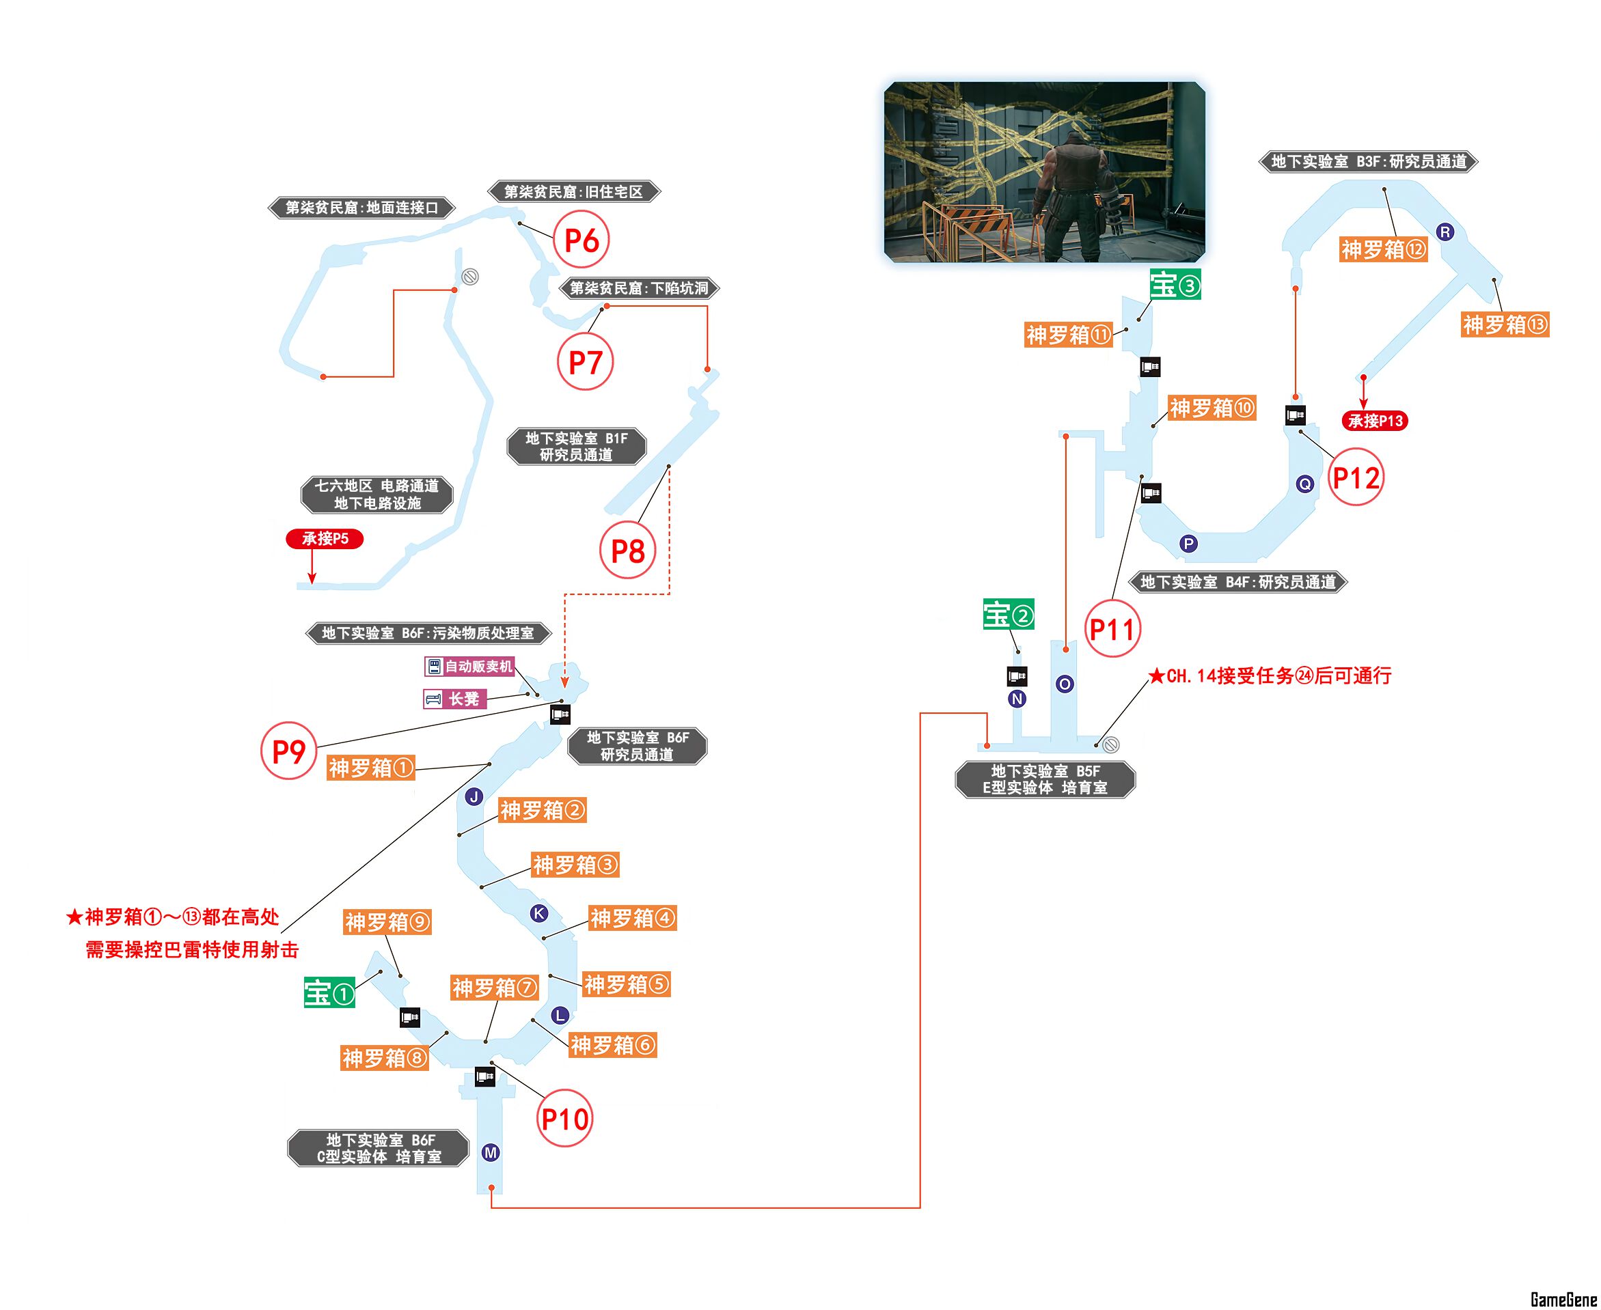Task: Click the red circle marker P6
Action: pyautogui.click(x=581, y=240)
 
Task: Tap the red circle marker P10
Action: pyautogui.click(x=564, y=1119)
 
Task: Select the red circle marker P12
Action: pyautogui.click(x=1356, y=477)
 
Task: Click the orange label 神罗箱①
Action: pyautogui.click(x=370, y=768)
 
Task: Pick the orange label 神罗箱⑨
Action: pyautogui.click(x=387, y=922)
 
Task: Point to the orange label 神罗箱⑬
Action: pyautogui.click(x=1505, y=324)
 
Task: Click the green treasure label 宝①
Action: pyautogui.click(x=330, y=992)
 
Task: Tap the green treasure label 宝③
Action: pyautogui.click(x=1175, y=285)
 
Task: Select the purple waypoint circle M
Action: pyautogui.click(x=491, y=1152)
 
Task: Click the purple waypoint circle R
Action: pyautogui.click(x=1445, y=232)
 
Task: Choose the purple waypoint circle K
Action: pyautogui.click(x=539, y=913)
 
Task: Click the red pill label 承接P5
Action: pyautogui.click(x=325, y=539)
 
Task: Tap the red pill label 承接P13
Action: pyautogui.click(x=1376, y=421)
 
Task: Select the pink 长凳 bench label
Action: pyautogui.click(x=455, y=699)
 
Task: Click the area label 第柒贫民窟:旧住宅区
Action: pyautogui.click(x=574, y=192)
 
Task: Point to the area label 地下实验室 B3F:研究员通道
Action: pyautogui.click(x=1369, y=161)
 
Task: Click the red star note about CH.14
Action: pyautogui.click(x=1270, y=675)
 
